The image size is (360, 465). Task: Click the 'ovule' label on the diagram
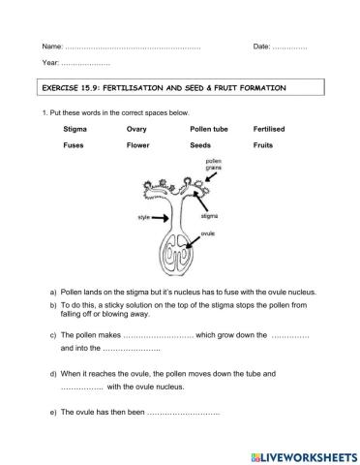[208, 233]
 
